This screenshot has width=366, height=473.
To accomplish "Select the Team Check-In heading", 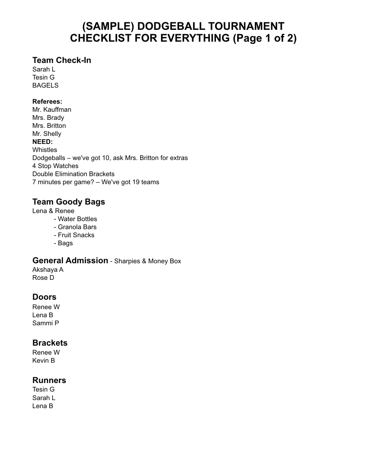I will pos(62,60).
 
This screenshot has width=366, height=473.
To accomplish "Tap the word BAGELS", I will pos(45,85).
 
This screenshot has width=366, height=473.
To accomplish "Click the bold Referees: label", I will pos(47,101).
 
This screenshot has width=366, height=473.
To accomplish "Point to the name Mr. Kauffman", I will pos(52,109).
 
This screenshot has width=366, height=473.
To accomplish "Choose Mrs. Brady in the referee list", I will pos(48,117).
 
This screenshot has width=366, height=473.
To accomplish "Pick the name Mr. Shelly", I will pos(46,134).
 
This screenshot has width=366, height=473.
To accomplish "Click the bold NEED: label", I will pos(43,142).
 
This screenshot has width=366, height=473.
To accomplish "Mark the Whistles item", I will pos(45,150).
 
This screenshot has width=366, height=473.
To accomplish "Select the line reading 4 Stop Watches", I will pos(55,166).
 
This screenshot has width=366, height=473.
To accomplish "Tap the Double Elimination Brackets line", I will pos(73,174).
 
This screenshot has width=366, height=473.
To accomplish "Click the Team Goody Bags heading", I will pos(69,202).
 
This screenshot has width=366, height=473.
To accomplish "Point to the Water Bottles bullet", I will pos(77,219).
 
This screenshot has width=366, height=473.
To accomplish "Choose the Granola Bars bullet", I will pos(77,227).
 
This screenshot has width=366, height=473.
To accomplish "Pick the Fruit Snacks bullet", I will pos(76,235).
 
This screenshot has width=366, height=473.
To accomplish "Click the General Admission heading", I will pos(70,260).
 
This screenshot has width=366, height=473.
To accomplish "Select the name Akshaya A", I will pos(48,269).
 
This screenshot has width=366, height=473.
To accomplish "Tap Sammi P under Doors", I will pos(45,323).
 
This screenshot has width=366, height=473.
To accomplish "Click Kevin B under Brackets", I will pos(44,360).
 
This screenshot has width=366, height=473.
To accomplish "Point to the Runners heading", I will pos(49,380).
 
